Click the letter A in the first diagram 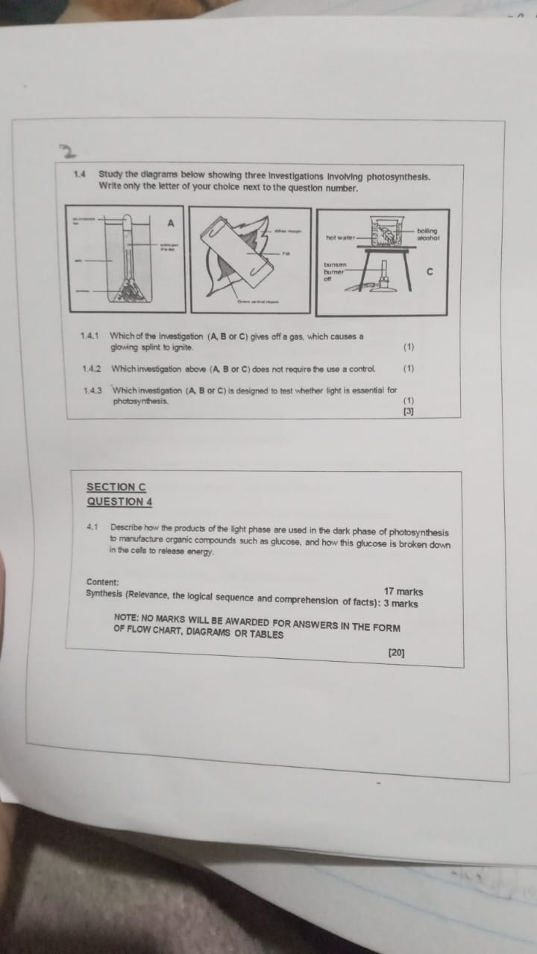point(171,222)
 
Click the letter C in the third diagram point(429,272)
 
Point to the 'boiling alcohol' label point(428,234)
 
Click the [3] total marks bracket point(408,411)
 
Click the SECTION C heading point(116,487)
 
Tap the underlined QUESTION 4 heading point(119,502)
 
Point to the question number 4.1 point(93,528)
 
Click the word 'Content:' point(102,582)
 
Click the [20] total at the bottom point(396,653)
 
